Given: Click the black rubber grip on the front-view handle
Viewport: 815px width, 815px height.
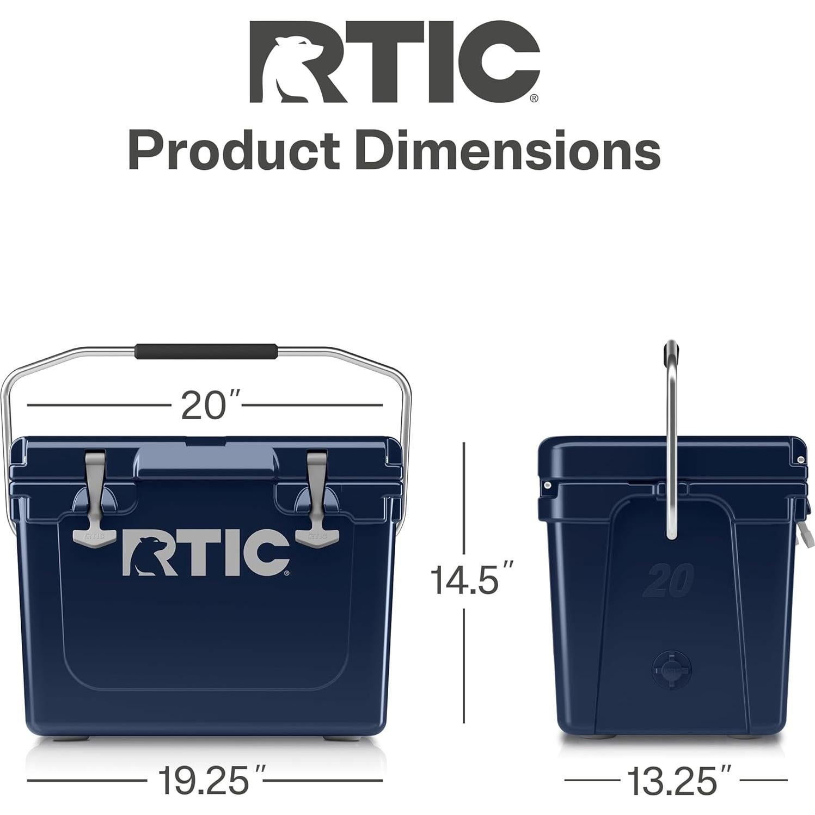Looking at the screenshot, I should tap(206, 351).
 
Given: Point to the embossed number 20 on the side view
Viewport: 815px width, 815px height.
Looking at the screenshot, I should tap(668, 580).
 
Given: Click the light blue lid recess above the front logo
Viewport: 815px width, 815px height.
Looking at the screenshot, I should tap(206, 460).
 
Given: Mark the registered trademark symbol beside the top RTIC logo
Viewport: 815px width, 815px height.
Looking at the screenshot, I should tap(534, 99).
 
